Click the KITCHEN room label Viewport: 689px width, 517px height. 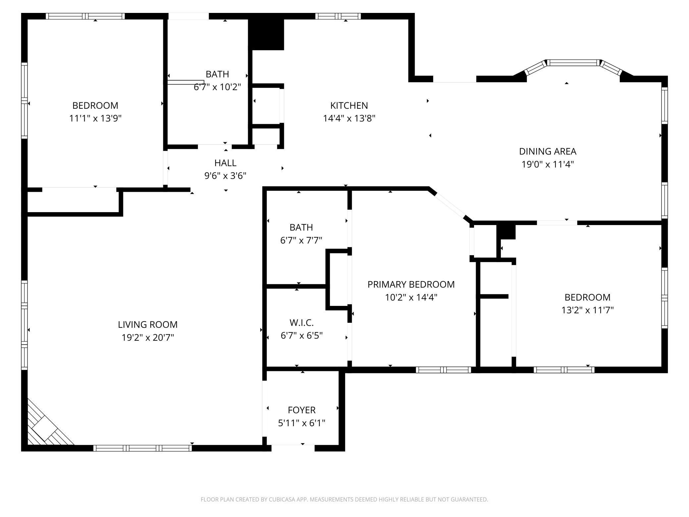(x=349, y=105)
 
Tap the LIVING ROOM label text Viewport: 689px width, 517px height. (x=148, y=324)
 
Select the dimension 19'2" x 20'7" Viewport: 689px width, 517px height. (x=148, y=337)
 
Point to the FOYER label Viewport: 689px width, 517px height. (x=301, y=410)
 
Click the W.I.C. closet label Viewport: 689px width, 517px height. (x=301, y=322)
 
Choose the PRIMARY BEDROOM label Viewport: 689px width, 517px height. (x=411, y=284)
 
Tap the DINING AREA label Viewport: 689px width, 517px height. (x=548, y=151)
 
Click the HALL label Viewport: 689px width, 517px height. (x=225, y=163)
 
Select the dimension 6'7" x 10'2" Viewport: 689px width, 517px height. (x=217, y=87)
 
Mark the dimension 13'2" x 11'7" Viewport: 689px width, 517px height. (x=588, y=310)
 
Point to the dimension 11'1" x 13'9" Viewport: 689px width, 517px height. (x=95, y=118)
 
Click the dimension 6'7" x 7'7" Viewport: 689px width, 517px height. (x=301, y=240)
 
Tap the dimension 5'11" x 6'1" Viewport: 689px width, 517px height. (x=301, y=423)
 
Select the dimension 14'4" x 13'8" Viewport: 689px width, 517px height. (x=349, y=118)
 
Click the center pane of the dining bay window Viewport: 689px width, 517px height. (x=573, y=63)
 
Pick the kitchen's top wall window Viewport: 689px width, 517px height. (x=338, y=16)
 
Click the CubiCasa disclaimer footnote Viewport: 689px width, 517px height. (x=344, y=499)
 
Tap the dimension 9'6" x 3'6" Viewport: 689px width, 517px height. (x=225, y=176)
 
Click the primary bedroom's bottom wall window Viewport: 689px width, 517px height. (x=444, y=370)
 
